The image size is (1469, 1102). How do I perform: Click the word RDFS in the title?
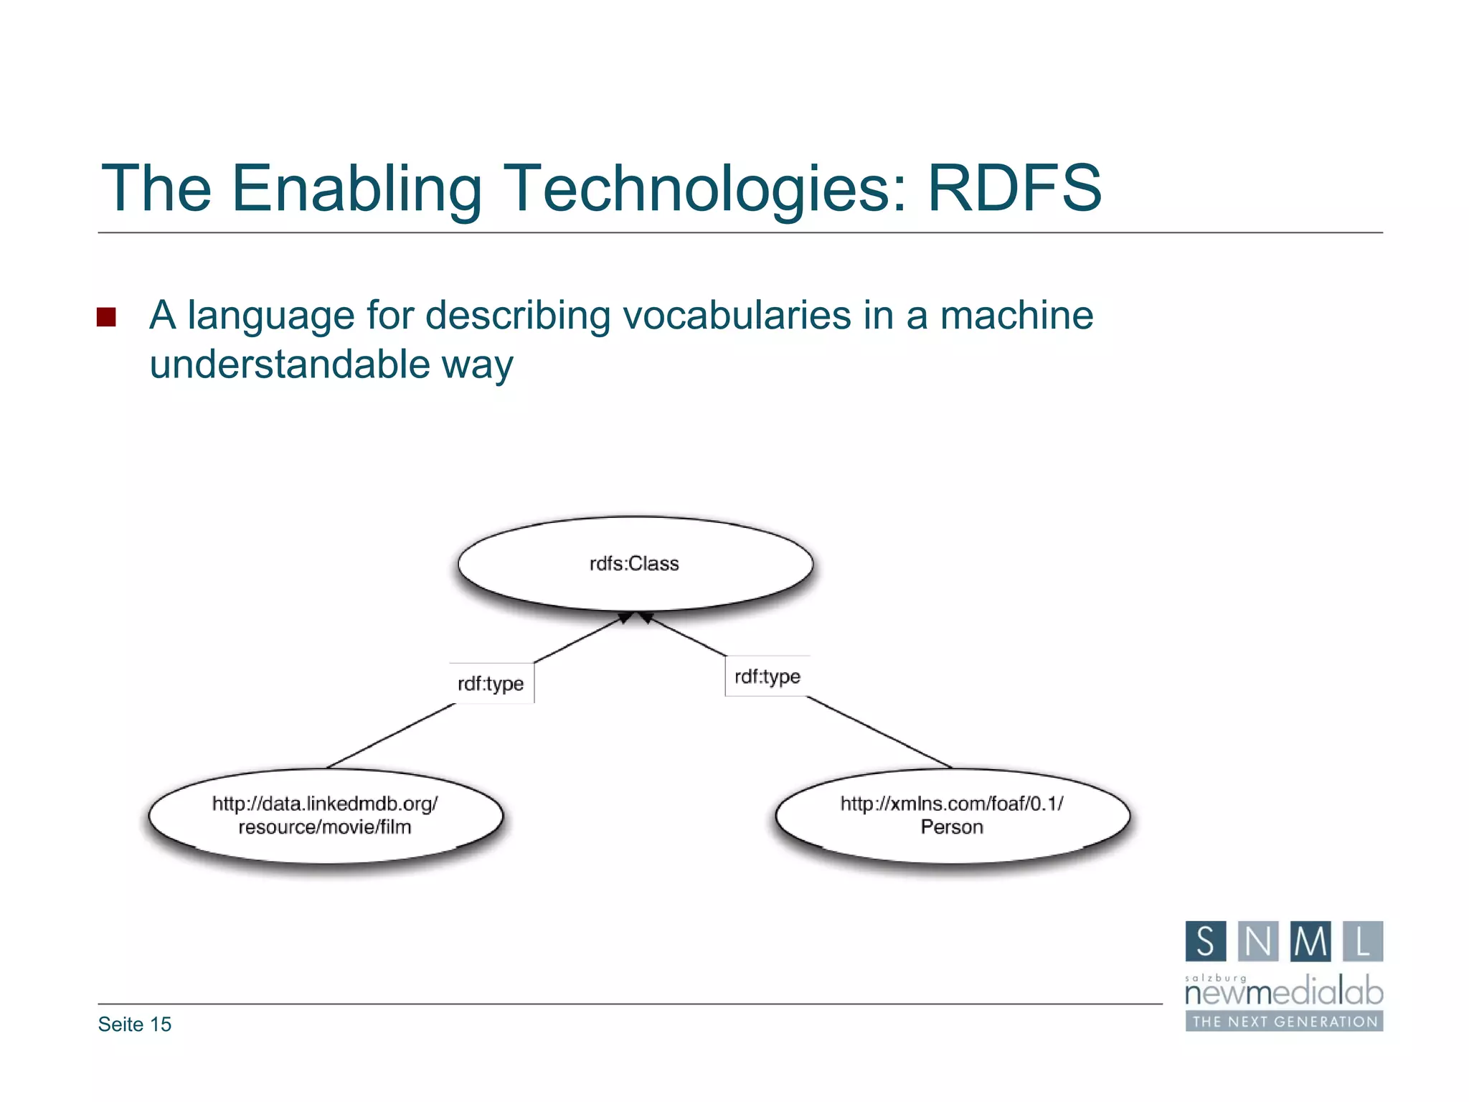click(1014, 188)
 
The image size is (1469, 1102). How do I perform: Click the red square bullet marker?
click(106, 317)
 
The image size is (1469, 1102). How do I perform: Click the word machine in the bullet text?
click(1016, 316)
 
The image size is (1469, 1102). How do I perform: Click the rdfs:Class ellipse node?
click(635, 564)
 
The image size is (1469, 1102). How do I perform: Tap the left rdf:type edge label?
click(491, 683)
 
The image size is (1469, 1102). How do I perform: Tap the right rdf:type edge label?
click(767, 676)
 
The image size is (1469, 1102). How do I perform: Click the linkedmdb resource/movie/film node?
click(325, 816)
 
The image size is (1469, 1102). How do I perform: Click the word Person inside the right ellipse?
click(952, 827)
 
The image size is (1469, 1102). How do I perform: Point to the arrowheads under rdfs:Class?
click(636, 617)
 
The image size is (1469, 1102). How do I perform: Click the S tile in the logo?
click(1205, 941)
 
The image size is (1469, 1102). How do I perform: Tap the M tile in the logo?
click(1310, 941)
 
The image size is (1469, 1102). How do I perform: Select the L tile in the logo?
click(1362, 941)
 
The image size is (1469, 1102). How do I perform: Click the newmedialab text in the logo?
click(1283, 993)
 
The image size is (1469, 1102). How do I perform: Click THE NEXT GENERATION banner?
click(1284, 1022)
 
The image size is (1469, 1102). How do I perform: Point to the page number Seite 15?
click(135, 1025)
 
